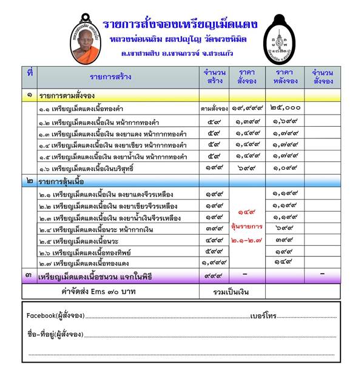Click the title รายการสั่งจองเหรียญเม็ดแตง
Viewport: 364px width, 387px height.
click(180, 25)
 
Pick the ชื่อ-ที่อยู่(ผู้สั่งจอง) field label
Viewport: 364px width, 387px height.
click(55, 334)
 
